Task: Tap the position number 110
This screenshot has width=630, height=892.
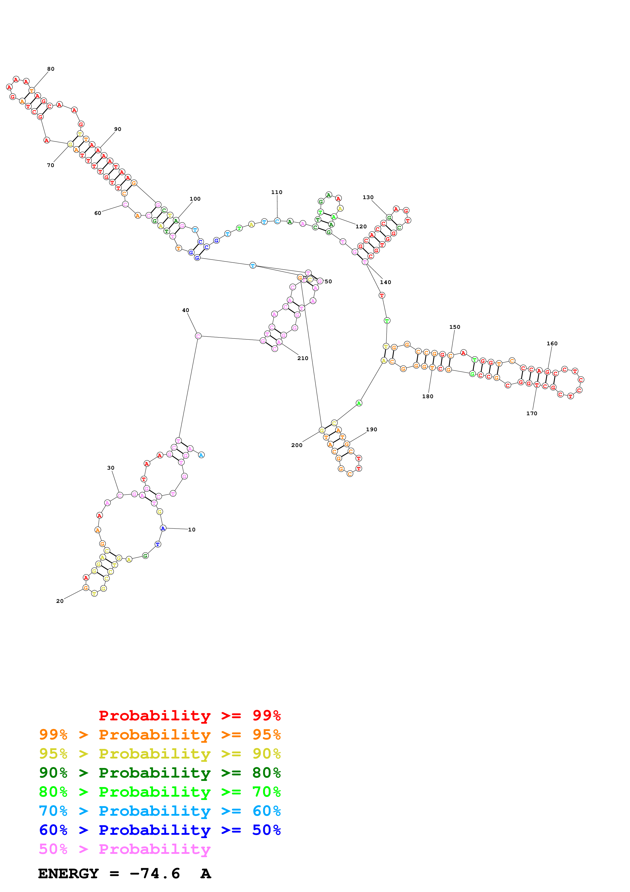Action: click(277, 192)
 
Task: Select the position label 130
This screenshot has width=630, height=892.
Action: click(368, 197)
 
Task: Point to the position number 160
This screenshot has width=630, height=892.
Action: click(552, 344)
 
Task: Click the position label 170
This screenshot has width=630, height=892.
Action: click(532, 413)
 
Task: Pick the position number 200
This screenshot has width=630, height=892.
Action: click(297, 445)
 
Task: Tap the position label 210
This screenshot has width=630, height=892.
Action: click(303, 358)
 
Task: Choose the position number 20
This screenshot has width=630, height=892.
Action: click(60, 601)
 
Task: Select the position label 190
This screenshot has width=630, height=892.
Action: click(372, 429)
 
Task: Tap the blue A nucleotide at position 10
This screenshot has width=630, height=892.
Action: click(163, 528)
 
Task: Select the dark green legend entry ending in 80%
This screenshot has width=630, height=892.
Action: click(160, 773)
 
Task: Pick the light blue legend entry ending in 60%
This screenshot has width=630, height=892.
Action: click(160, 811)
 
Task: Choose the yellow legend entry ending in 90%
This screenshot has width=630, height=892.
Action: click(160, 754)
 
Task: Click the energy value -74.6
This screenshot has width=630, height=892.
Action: click(155, 873)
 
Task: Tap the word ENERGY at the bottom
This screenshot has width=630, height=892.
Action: click(68, 873)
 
